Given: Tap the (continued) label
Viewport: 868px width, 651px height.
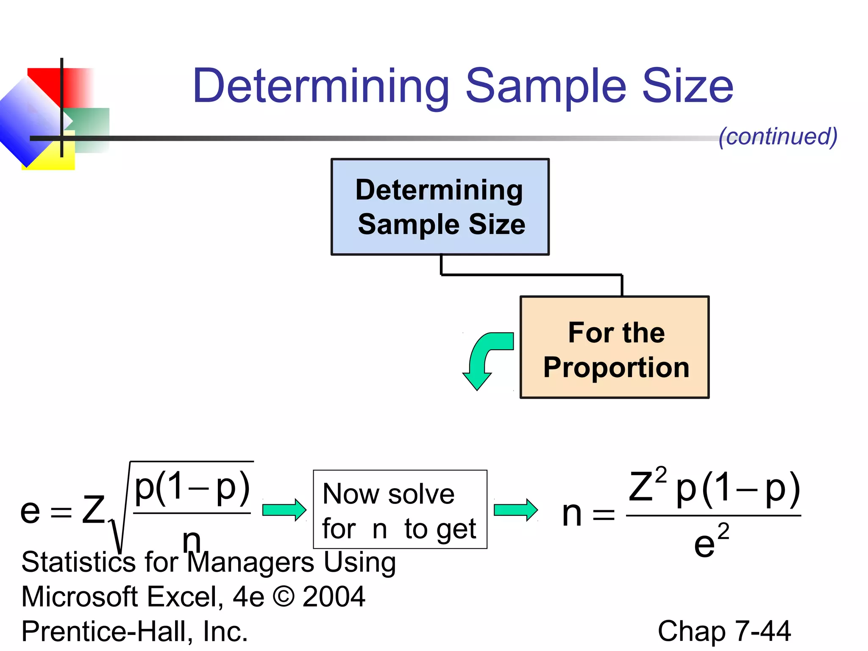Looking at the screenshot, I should tap(778, 136).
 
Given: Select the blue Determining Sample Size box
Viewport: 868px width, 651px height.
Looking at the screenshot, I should tap(440, 207).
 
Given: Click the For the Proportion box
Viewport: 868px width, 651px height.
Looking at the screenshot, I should tap(615, 347).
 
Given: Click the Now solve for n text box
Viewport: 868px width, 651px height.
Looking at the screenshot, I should tap(400, 509).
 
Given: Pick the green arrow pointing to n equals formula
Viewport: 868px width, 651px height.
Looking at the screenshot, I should tap(515, 510).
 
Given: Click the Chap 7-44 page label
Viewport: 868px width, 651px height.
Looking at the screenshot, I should tap(724, 631).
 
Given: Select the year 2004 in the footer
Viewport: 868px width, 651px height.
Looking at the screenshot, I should tap(334, 597).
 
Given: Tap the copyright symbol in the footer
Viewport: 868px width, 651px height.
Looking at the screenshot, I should tap(284, 597).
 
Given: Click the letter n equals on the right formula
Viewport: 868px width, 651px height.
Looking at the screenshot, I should tap(587, 514).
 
